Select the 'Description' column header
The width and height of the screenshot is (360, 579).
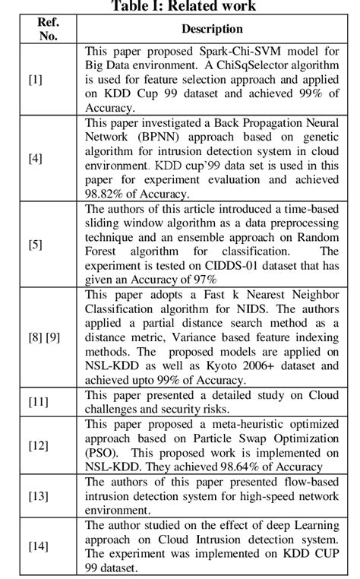coord(212,29)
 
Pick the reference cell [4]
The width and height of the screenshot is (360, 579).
coord(36,158)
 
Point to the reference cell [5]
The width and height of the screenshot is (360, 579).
coord(36,245)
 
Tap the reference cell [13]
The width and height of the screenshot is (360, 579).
coord(38,495)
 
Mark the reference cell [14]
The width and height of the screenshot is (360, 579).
coord(38,546)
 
